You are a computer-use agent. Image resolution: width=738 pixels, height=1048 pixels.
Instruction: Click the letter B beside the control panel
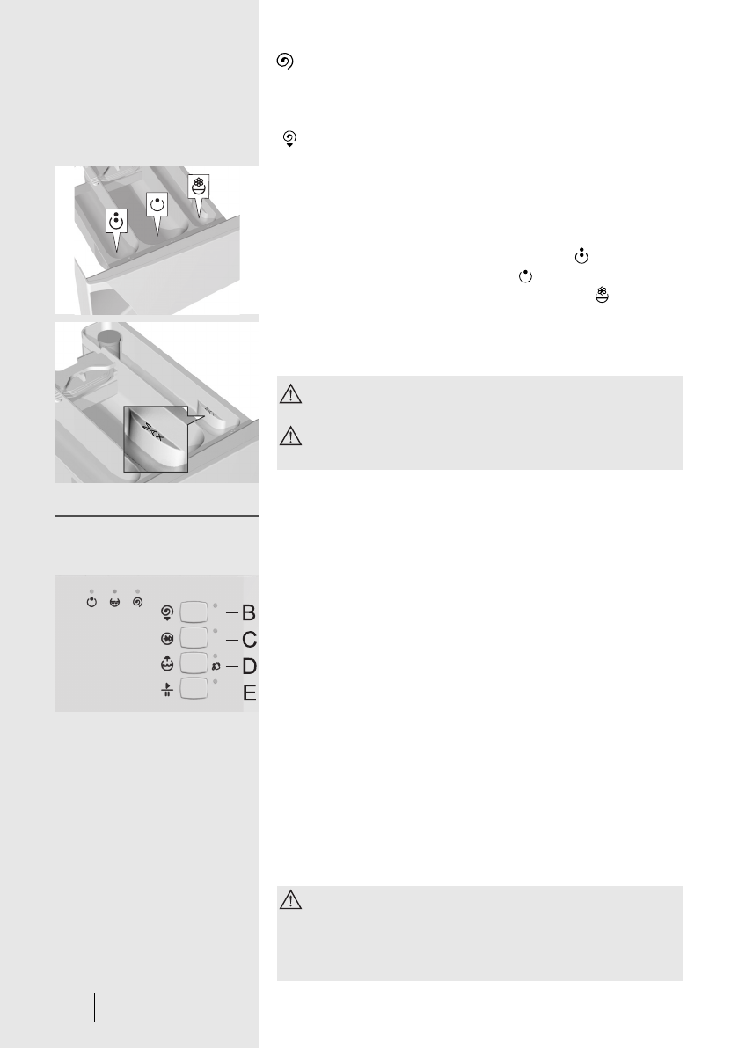click(x=249, y=612)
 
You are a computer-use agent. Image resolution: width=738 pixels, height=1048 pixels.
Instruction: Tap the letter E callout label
click(x=250, y=694)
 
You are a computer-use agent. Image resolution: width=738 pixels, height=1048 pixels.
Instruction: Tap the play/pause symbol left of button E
click(x=164, y=690)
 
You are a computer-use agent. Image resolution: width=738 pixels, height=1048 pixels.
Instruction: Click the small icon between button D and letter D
click(x=216, y=667)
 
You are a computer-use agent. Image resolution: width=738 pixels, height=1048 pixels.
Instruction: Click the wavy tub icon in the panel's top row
click(x=114, y=603)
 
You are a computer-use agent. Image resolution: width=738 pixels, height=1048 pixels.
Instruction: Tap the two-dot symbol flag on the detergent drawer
click(x=115, y=222)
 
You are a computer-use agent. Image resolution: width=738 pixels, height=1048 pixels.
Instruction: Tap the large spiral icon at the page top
click(x=284, y=62)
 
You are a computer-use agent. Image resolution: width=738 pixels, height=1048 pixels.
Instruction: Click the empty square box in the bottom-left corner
click(x=75, y=1007)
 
